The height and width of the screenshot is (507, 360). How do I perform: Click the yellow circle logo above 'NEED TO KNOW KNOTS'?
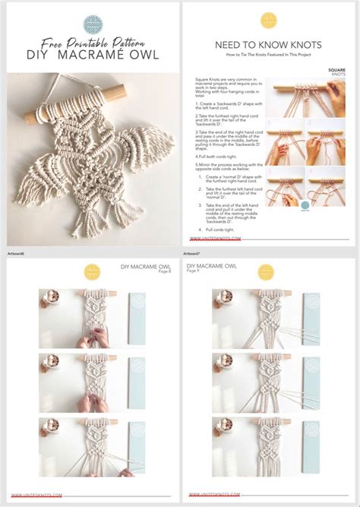(x=269, y=21)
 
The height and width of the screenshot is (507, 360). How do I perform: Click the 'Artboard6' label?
(x=16, y=253)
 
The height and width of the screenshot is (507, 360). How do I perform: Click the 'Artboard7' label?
(x=192, y=253)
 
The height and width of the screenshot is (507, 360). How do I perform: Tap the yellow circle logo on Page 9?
(x=266, y=271)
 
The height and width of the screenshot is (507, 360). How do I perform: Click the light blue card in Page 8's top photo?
(x=136, y=319)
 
